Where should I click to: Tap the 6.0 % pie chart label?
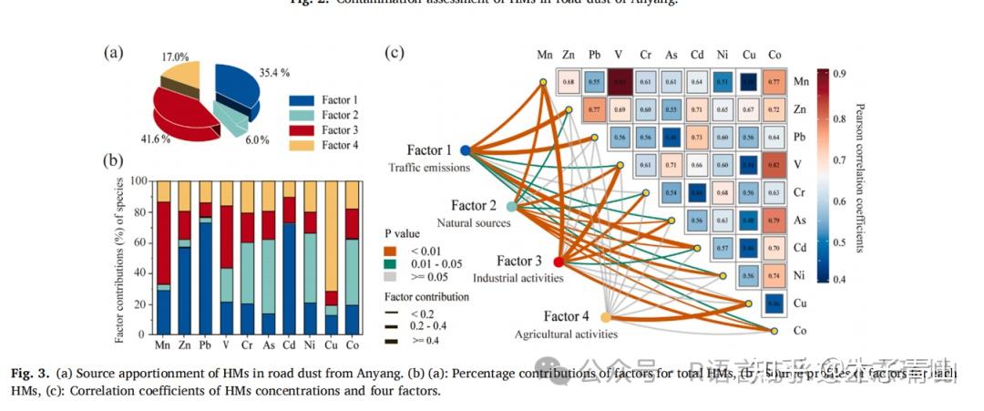[258, 139]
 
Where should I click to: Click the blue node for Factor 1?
[465, 150]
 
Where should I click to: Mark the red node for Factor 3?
[559, 262]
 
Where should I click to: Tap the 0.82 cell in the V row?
[773, 165]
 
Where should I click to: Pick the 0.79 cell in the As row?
[773, 220]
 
